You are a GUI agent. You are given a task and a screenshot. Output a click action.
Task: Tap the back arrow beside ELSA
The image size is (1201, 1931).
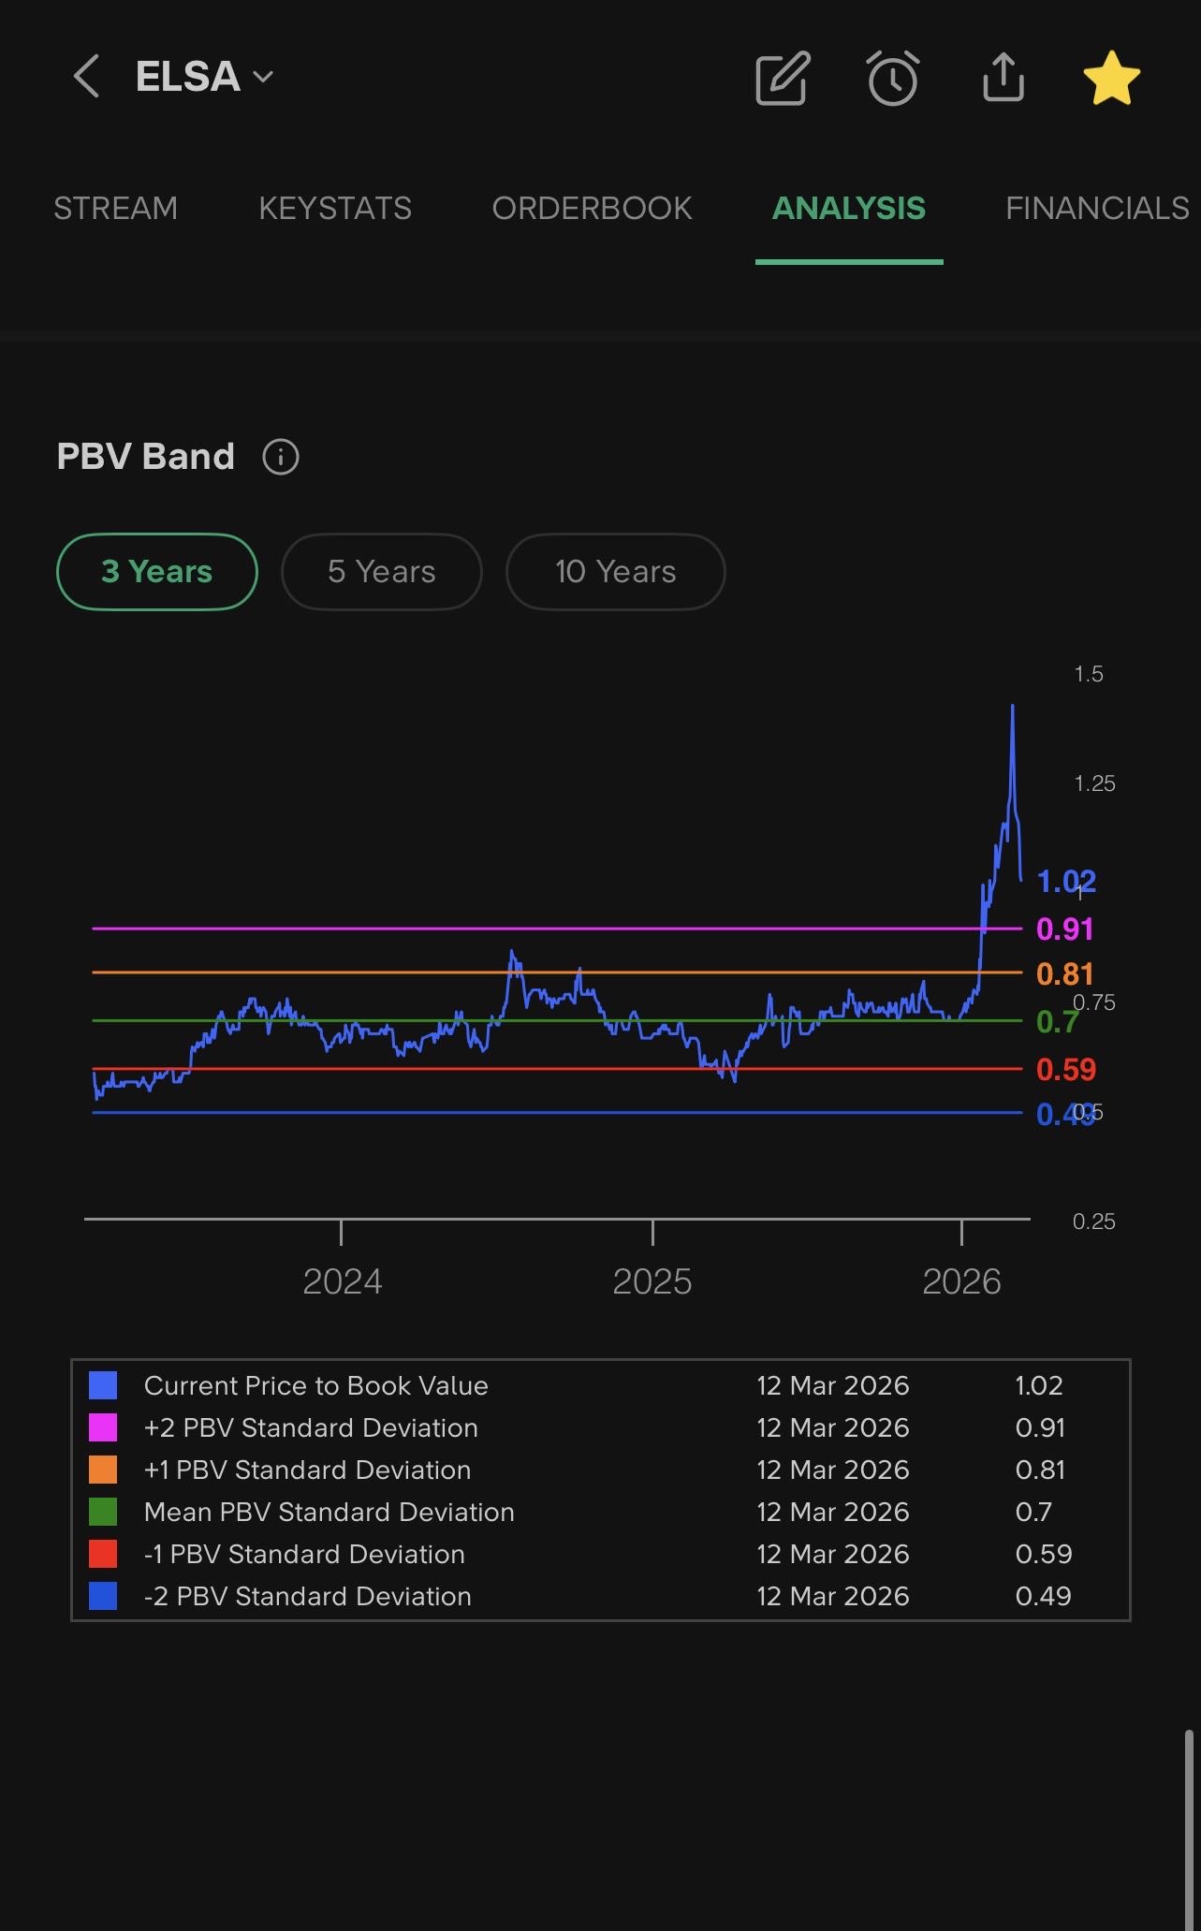tap(86, 76)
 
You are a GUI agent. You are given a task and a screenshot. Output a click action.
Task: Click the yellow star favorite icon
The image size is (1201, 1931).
tap(1111, 78)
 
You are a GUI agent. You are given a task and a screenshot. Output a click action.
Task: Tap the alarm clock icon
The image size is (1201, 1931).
tap(892, 78)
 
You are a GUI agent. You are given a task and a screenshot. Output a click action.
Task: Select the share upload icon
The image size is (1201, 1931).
tap(1003, 77)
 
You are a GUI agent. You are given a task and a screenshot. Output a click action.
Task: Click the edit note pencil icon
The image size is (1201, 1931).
tap(782, 78)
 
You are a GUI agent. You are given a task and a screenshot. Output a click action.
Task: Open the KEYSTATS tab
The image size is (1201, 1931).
tap(335, 208)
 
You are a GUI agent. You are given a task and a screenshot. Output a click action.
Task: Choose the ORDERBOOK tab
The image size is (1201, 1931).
tap(592, 208)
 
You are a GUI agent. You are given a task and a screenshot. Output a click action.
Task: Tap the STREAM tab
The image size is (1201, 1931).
tap(115, 208)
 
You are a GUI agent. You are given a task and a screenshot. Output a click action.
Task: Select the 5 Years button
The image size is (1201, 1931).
tap(381, 571)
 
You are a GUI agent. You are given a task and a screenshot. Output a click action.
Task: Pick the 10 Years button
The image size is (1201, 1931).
tap(615, 571)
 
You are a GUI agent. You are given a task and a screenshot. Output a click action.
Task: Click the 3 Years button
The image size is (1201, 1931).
tap(157, 571)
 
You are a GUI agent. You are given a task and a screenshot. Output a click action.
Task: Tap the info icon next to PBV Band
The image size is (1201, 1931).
tap(280, 457)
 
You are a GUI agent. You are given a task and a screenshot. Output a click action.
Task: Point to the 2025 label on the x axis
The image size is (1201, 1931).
tap(652, 1281)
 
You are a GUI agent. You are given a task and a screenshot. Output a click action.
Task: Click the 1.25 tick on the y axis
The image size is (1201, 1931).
tap(1094, 783)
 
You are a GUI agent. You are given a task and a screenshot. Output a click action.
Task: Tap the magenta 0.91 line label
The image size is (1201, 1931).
tap(1064, 929)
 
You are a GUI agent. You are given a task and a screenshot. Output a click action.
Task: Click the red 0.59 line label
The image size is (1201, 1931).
tap(1065, 1069)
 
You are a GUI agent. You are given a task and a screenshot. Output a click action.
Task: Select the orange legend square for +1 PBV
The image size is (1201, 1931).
tap(103, 1470)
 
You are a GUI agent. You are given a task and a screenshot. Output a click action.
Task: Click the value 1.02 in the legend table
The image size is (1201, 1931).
tap(1038, 1385)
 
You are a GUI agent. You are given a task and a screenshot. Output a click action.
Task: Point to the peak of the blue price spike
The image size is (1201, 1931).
tap(1012, 706)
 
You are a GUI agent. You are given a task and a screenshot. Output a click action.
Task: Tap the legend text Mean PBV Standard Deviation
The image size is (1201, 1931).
tap(329, 1512)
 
